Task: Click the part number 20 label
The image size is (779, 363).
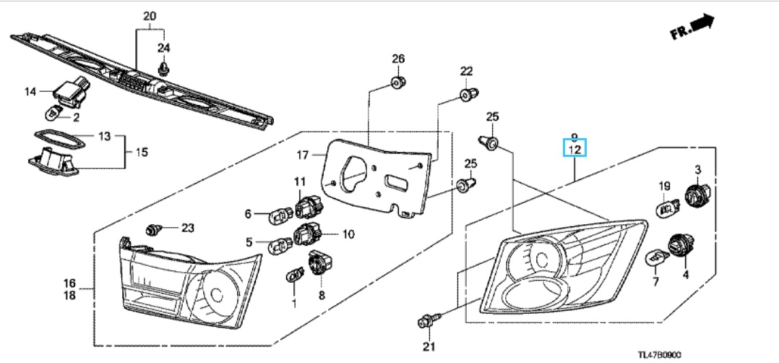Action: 149,17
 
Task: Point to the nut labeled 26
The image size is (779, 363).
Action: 397,82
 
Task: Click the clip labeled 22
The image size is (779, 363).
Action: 468,94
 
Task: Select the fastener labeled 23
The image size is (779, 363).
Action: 153,229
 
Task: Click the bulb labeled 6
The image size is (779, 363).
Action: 279,216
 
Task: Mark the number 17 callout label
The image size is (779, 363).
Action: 303,155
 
